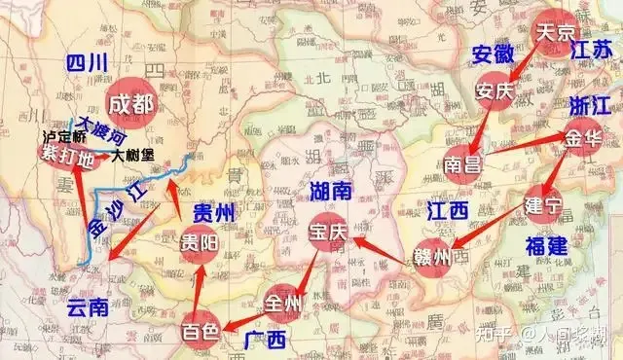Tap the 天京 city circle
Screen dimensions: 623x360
[x=556, y=32]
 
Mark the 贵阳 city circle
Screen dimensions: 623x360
[x=196, y=244]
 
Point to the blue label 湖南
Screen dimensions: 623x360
[x=332, y=188]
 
